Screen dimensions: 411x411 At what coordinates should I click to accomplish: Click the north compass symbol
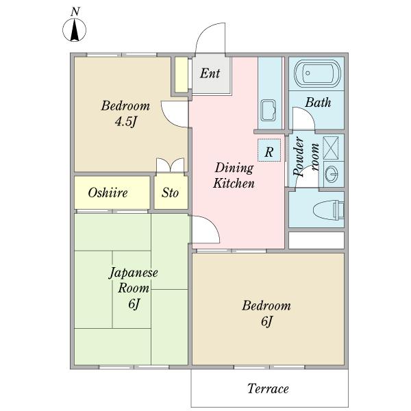point(75,30)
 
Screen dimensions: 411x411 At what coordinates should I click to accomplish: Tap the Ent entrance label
point(210,73)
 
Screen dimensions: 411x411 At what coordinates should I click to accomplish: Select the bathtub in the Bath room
point(317,73)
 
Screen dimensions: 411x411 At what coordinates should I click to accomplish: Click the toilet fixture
point(328,210)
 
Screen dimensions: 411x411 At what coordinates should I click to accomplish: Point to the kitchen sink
point(269,110)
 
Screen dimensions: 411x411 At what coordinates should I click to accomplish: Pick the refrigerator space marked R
point(269,150)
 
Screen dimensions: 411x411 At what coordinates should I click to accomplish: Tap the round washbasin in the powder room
point(332,174)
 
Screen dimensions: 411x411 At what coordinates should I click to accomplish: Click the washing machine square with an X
point(331,148)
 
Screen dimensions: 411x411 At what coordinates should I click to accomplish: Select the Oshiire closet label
point(108,193)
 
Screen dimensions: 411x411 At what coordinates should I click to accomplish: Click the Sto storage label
point(170,192)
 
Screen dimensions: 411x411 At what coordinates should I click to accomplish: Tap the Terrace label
point(268,388)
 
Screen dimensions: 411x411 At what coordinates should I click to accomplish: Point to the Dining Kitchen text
point(234,175)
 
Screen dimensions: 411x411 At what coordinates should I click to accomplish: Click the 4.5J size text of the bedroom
point(126,121)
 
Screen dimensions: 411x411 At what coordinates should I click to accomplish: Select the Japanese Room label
point(134,280)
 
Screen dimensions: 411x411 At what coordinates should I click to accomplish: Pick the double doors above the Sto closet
point(170,165)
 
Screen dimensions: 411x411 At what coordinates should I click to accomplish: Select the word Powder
point(299,156)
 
